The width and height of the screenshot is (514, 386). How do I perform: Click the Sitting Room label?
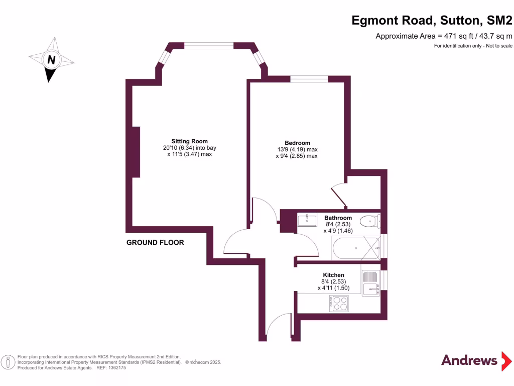(x=189, y=141)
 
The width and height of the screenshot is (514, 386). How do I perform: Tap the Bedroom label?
(x=297, y=143)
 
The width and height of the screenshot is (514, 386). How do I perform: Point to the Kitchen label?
(x=333, y=275)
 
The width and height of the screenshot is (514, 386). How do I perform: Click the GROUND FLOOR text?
(x=155, y=243)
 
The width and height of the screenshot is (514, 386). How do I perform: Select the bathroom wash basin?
(x=307, y=220)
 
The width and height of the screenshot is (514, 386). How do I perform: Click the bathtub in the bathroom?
(x=355, y=248)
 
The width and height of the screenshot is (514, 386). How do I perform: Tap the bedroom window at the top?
(x=308, y=78)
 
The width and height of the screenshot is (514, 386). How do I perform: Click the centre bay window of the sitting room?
(x=209, y=46)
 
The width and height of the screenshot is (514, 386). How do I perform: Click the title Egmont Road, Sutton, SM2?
(x=432, y=21)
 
